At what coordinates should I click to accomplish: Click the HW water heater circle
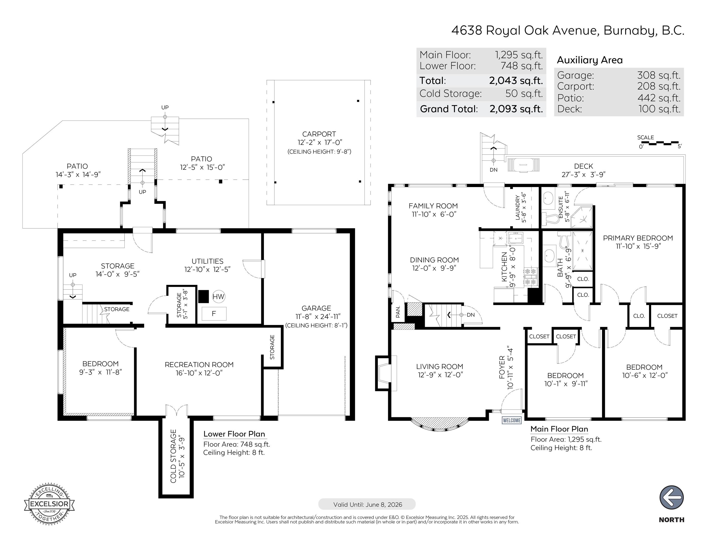click(x=219, y=296)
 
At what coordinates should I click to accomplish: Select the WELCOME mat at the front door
click(x=512, y=420)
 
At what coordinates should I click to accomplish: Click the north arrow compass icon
click(x=671, y=497)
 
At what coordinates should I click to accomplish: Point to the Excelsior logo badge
click(x=49, y=504)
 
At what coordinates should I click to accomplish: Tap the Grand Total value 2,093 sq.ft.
click(x=516, y=109)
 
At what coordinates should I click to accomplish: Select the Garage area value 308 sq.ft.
click(x=659, y=75)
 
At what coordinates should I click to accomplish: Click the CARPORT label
click(x=319, y=134)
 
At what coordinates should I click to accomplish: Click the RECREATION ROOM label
click(x=199, y=365)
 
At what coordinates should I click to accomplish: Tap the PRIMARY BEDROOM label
click(x=638, y=238)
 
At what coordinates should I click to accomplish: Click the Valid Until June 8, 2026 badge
click(x=367, y=504)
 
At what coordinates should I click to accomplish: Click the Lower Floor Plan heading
click(x=234, y=434)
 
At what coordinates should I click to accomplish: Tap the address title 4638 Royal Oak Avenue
click(x=568, y=30)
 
